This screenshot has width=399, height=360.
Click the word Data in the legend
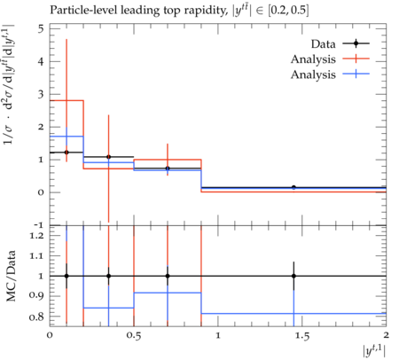pyautogui.click(x=323, y=44)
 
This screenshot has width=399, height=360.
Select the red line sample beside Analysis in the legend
pyautogui.click(x=356, y=59)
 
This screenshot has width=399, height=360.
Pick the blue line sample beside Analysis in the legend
pyautogui.click(x=356, y=74)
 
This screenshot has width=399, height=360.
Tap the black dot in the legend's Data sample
pyautogui.click(x=356, y=43)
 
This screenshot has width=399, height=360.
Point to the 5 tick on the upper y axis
pyautogui.click(x=41, y=29)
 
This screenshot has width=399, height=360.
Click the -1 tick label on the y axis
pyautogui.click(x=39, y=225)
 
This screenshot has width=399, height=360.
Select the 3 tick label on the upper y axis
pyautogui.click(x=41, y=94)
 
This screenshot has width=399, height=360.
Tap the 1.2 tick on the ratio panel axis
pyautogui.click(x=36, y=236)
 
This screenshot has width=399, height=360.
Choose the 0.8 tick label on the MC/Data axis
pyautogui.click(x=36, y=317)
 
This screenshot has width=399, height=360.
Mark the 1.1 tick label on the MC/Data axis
pyautogui.click(x=36, y=255)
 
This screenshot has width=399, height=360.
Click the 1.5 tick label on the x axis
pyautogui.click(x=301, y=335)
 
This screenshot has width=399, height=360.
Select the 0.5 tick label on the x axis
pyautogui.click(x=134, y=335)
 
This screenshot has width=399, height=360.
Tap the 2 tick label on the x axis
pyautogui.click(x=386, y=335)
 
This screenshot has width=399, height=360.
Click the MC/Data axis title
pyautogui.click(x=11, y=276)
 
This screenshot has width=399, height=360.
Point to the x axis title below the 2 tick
pyautogui.click(x=374, y=351)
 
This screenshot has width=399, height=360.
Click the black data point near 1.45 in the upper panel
pyautogui.click(x=293, y=187)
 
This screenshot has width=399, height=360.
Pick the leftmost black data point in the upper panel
pyautogui.click(x=66, y=153)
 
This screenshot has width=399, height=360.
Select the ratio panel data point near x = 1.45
pyautogui.click(x=293, y=276)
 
